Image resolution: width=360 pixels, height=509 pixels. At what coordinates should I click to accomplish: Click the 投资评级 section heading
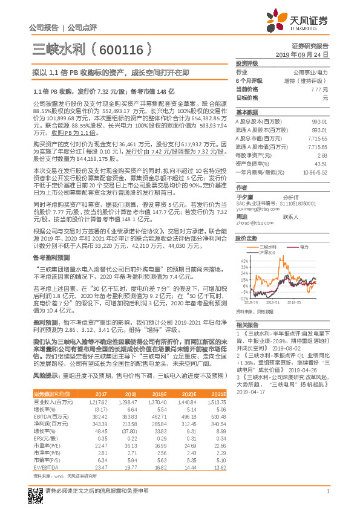pos(247,63)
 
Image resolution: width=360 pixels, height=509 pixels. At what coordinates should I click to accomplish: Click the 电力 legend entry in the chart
pos(303,247)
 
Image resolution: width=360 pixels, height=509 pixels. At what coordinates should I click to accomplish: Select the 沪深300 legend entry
pos(268,252)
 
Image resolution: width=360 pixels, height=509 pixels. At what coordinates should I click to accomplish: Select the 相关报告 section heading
pos(246,325)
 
